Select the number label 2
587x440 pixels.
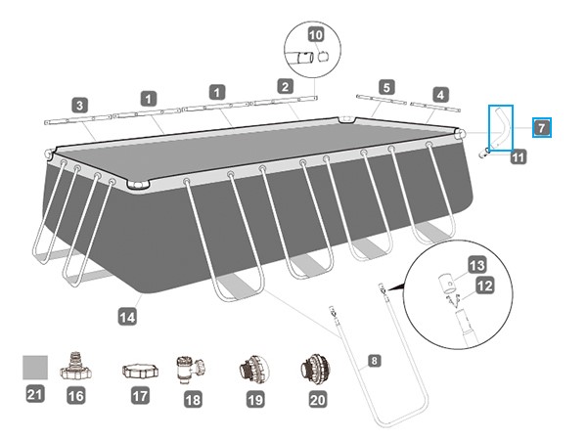click(285, 87)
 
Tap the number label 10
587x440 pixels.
click(315, 34)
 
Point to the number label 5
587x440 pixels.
click(385, 88)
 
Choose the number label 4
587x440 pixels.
click(440, 95)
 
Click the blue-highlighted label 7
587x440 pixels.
click(542, 127)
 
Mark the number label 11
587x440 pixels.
click(518, 154)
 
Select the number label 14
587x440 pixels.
click(125, 316)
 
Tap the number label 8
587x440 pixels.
click(373, 361)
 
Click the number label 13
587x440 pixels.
click(476, 265)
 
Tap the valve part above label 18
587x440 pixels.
click(187, 370)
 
